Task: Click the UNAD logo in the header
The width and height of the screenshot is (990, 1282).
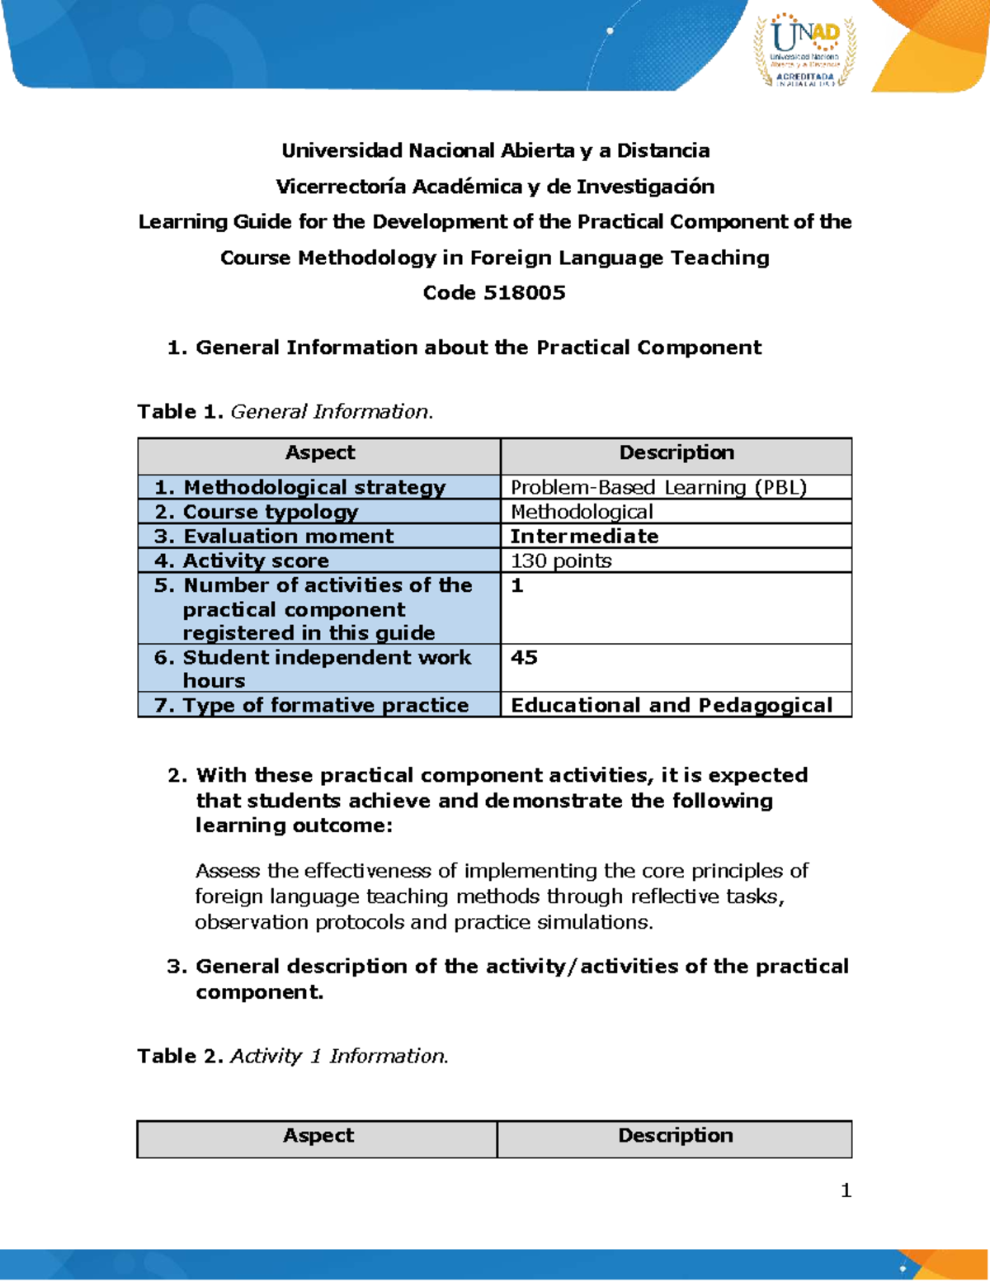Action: [805, 50]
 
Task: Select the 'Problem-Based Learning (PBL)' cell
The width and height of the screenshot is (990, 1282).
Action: [658, 487]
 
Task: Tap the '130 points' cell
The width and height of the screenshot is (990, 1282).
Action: [561, 561]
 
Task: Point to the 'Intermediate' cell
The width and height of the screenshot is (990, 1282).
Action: [584, 536]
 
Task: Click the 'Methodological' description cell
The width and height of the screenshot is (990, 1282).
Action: [582, 512]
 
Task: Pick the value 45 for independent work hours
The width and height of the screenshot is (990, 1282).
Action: [524, 657]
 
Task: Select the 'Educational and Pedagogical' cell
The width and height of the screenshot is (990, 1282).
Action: [672, 705]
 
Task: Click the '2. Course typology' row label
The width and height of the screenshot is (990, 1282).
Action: [257, 512]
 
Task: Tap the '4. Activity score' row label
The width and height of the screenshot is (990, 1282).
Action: [242, 561]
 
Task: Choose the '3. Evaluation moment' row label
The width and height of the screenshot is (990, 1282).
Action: [274, 536]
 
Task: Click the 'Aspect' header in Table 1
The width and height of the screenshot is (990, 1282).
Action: [320, 452]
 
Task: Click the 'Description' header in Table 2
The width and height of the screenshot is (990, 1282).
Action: [675, 1136]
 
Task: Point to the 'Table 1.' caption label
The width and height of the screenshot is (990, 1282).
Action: [181, 411]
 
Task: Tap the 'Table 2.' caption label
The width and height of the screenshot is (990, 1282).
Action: [181, 1056]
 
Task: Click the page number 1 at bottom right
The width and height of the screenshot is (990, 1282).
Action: [846, 1190]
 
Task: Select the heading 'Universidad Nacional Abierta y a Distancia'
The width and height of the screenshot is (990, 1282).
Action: [495, 150]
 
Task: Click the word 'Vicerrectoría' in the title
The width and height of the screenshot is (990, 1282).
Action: [341, 187]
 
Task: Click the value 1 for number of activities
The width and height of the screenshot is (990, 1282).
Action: [517, 585]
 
